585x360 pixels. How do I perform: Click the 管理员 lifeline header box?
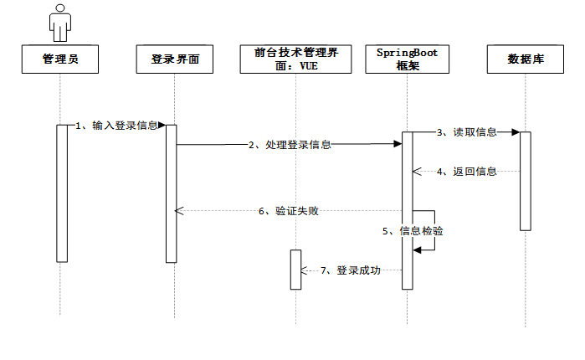60,59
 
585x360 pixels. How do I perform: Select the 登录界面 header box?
176,59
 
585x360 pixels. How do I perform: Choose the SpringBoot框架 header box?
407,59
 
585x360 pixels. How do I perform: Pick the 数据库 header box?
525,59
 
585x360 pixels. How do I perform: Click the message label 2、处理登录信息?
290,145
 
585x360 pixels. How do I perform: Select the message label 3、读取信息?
467,132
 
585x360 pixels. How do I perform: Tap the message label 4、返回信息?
467,172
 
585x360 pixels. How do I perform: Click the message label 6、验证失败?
289,211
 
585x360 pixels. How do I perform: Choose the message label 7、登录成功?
351,270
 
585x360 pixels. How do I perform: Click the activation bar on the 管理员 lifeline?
61,193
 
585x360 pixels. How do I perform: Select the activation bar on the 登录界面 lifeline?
172,193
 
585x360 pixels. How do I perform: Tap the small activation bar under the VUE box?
295,270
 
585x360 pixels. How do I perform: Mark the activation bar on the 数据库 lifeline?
526,180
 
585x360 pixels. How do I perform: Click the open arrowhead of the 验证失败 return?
177,211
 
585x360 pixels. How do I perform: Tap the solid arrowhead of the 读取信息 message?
516,132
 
